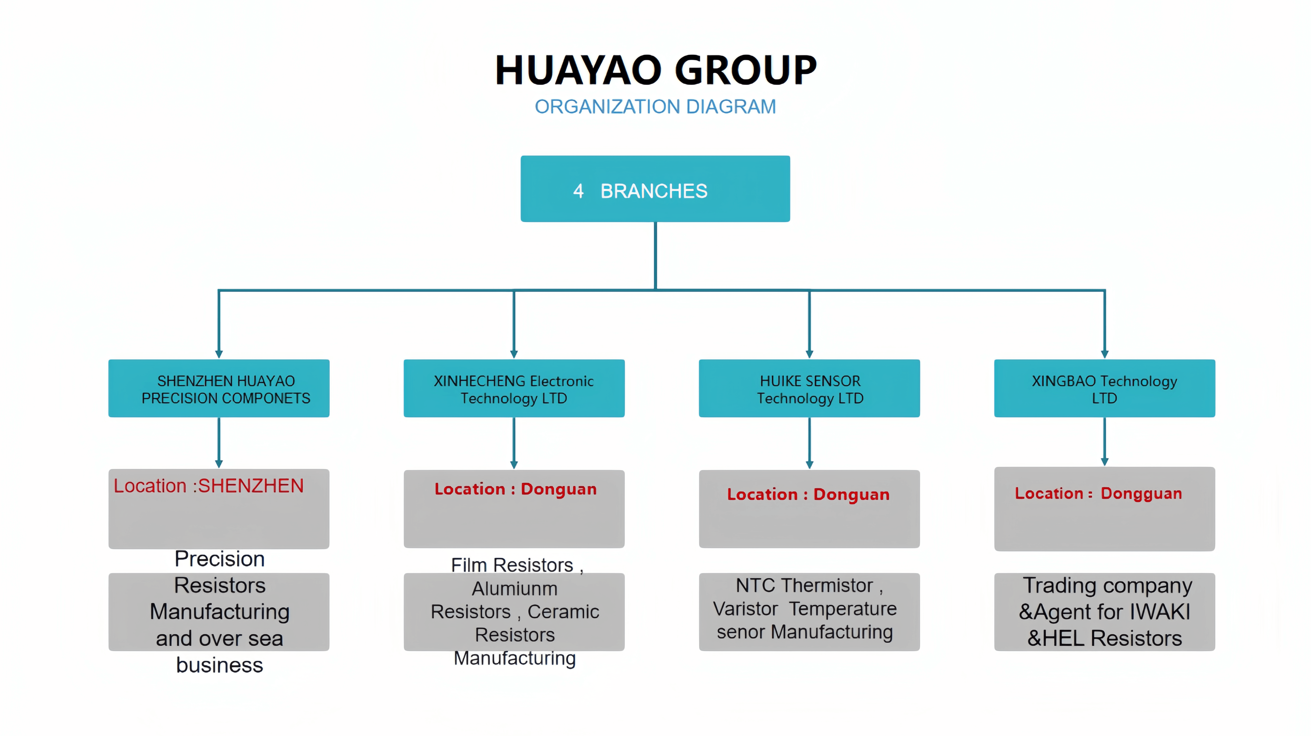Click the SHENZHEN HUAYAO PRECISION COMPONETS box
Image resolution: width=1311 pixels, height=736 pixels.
point(219,389)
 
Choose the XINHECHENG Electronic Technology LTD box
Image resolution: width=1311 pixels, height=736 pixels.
point(514,389)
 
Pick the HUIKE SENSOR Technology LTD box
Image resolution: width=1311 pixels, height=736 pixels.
point(809,389)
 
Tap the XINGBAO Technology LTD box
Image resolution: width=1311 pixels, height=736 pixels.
point(1104,389)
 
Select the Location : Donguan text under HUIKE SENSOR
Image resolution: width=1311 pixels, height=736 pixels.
point(808,494)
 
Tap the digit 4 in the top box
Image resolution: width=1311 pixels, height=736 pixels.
point(578,191)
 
